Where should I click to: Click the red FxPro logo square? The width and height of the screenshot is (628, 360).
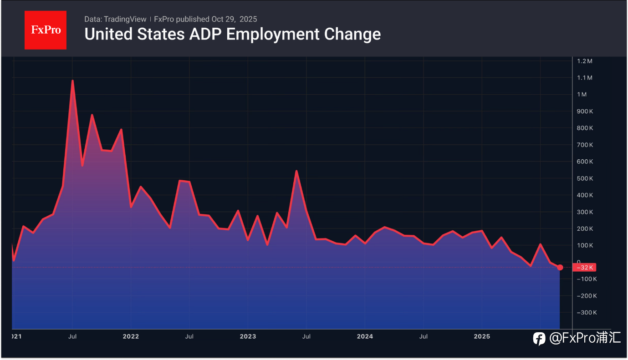(45, 30)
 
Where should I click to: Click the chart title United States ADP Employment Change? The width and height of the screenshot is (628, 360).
(232, 34)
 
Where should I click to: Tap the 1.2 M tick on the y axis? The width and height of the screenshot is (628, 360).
(584, 61)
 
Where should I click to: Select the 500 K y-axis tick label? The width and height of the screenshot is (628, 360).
(584, 178)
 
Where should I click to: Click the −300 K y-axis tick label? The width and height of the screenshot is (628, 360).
(586, 313)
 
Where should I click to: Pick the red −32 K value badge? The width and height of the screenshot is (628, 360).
(585, 268)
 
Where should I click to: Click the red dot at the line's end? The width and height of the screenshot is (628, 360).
(560, 268)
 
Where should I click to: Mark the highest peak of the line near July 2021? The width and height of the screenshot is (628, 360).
(72, 81)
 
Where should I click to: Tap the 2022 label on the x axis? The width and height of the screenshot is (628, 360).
(131, 337)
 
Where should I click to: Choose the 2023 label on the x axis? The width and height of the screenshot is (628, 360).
(248, 337)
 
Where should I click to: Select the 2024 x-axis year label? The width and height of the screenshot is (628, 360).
(365, 337)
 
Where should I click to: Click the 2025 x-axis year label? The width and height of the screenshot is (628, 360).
(482, 337)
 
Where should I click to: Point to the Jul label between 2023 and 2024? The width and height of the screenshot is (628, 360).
(306, 337)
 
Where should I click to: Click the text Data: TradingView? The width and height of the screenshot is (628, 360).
(115, 19)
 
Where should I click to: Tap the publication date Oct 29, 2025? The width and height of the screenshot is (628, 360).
(234, 19)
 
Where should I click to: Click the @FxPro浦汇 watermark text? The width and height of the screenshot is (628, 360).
(585, 338)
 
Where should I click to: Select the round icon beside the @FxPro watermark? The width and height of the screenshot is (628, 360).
(539, 339)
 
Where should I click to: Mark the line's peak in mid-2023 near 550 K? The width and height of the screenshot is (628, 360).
(296, 171)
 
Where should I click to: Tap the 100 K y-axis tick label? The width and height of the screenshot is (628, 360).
(585, 246)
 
